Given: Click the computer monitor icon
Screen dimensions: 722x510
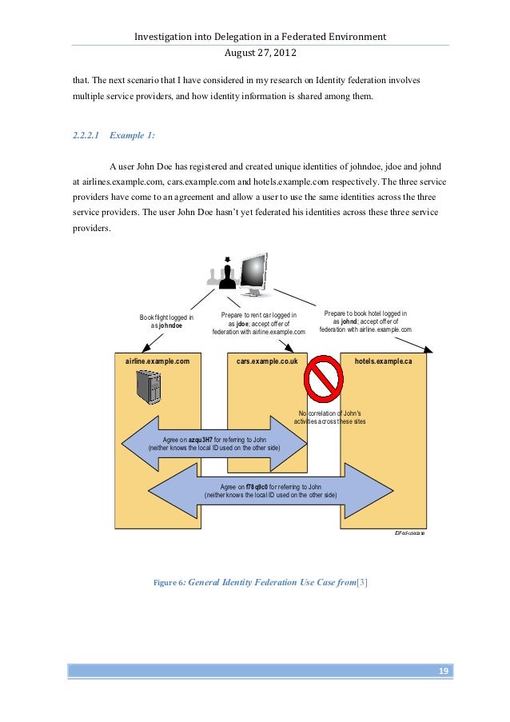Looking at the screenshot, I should click(253, 276).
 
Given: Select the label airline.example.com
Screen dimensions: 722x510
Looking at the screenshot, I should click(157, 361).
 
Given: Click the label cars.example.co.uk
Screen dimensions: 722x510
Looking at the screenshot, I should click(267, 361).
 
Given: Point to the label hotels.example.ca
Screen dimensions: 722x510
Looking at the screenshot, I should click(384, 361).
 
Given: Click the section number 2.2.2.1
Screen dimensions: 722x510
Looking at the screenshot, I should click(85, 135).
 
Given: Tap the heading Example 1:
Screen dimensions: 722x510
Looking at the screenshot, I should click(132, 135).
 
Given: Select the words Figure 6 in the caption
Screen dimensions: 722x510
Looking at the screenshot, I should click(169, 583).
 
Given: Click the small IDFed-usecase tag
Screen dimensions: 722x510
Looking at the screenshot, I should click(410, 532).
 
